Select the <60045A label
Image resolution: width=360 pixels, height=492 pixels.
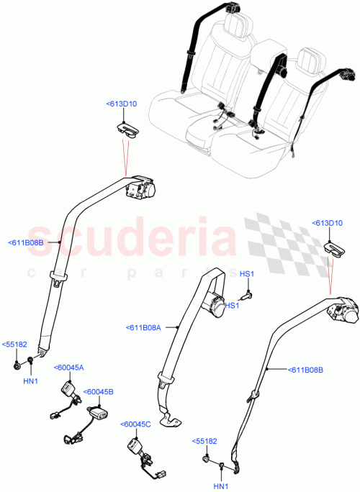68,368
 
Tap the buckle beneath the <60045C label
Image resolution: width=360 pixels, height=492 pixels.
135,447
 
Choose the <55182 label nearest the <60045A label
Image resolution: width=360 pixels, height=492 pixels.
14,345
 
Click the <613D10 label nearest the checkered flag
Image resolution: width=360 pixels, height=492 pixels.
328,224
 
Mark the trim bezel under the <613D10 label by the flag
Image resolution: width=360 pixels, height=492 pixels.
334,247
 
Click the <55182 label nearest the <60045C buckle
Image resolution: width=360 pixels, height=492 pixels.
203,440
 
